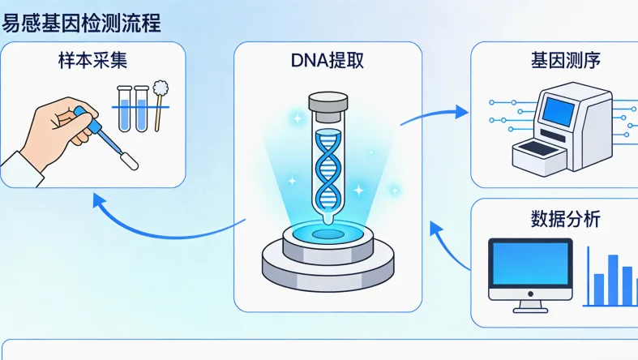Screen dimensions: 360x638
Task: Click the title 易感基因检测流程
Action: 80,22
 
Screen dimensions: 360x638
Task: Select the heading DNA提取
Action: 328,61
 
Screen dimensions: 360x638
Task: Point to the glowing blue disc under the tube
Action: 328,233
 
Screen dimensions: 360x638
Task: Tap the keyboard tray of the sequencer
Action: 535,150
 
